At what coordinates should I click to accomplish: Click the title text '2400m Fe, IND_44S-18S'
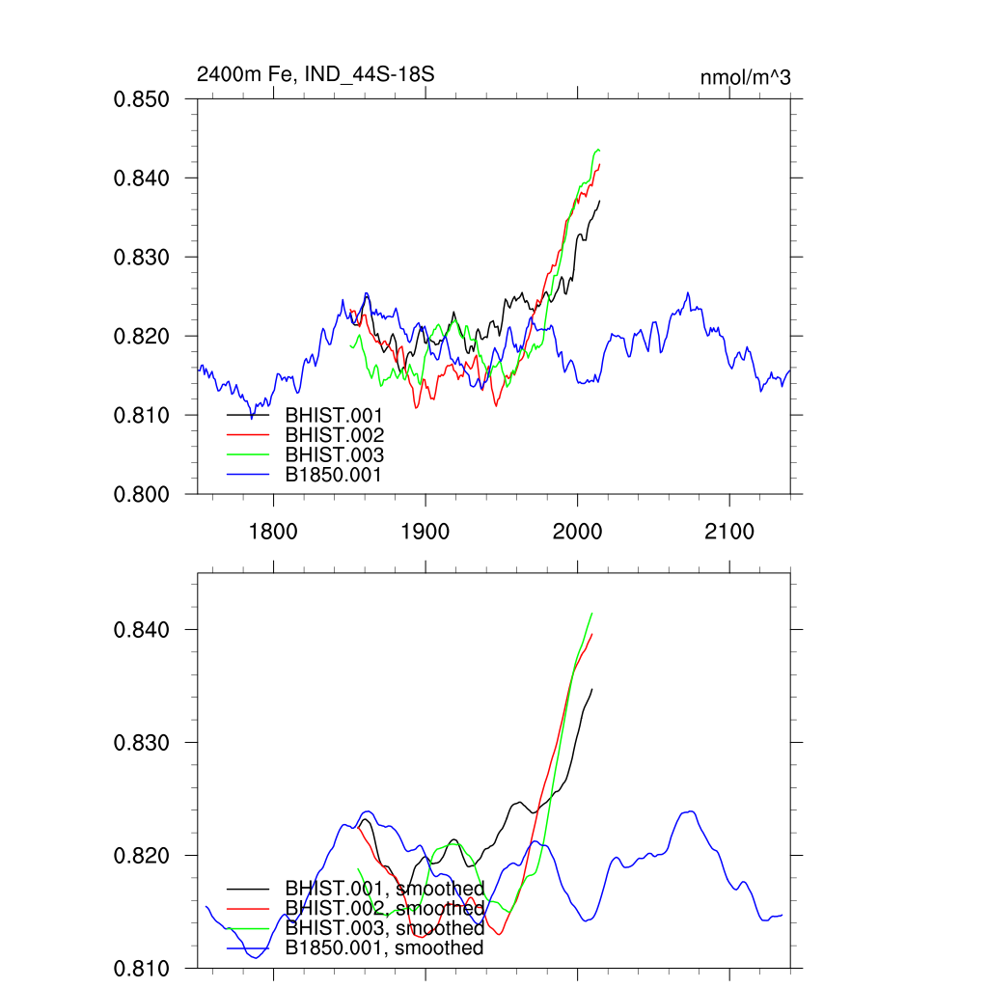(309, 74)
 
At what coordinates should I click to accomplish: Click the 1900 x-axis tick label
(425, 533)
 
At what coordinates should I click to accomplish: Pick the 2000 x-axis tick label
(577, 533)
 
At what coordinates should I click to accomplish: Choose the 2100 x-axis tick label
(729, 533)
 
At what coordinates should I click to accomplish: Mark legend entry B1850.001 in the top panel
(334, 476)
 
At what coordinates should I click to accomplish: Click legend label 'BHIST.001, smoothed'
(384, 888)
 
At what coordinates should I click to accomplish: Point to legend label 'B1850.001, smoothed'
(384, 948)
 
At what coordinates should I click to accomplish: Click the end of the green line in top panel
(600, 150)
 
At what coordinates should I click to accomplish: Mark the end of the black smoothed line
(591, 689)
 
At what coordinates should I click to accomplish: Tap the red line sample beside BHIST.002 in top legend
(248, 435)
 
